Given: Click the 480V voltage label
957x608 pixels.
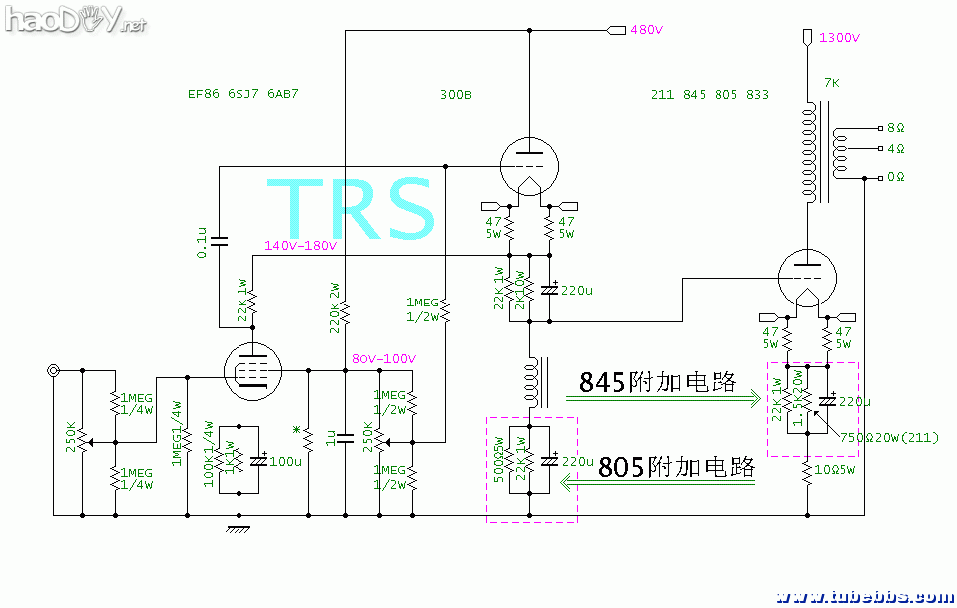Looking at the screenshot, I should click(x=646, y=30).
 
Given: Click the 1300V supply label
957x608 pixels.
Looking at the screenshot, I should click(x=838, y=38).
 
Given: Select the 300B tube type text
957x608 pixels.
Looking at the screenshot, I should click(x=455, y=95).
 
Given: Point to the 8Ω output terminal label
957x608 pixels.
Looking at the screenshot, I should click(x=895, y=128).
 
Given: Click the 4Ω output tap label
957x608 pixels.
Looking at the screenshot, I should click(x=895, y=149).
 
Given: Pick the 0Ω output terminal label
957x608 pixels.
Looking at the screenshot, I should click(x=895, y=177).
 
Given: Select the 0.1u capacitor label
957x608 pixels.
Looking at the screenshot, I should click(x=203, y=242).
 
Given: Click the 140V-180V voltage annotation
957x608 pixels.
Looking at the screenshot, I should click(x=300, y=246).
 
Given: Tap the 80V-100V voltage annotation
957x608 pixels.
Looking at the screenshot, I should click(x=384, y=359).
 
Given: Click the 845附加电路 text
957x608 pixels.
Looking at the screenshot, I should click(x=658, y=381).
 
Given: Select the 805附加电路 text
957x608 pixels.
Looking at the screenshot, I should click(x=674, y=466).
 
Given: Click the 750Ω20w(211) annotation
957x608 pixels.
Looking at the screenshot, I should click(x=889, y=437).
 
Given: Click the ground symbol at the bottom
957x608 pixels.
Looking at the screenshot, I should click(x=237, y=528).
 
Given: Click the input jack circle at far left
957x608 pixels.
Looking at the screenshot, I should click(x=52, y=371).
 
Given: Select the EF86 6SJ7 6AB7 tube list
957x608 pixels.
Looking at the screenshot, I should click(x=243, y=95).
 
